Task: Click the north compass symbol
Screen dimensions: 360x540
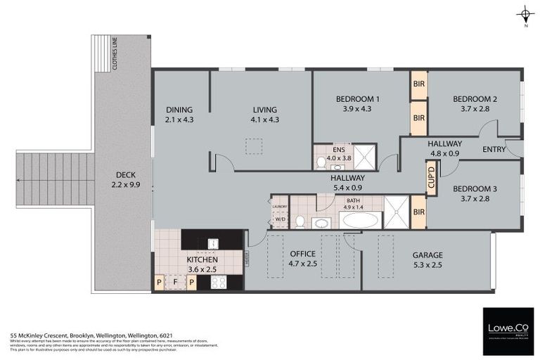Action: click(525, 14)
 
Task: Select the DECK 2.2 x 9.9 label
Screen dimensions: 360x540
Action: click(127, 180)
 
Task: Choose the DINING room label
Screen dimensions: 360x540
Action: click(179, 115)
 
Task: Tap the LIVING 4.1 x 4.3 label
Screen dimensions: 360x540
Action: click(264, 115)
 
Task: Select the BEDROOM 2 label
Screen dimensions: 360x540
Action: click(475, 103)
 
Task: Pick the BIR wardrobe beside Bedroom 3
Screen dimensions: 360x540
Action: click(418, 212)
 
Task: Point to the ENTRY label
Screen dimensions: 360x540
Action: click(495, 149)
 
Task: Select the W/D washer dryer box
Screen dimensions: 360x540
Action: click(279, 219)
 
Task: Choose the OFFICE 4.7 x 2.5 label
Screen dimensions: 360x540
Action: click(302, 259)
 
